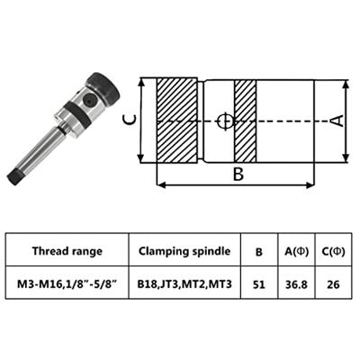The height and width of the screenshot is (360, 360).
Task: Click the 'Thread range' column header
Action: [67, 252]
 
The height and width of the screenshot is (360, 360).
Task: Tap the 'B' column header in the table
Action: [258, 252]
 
